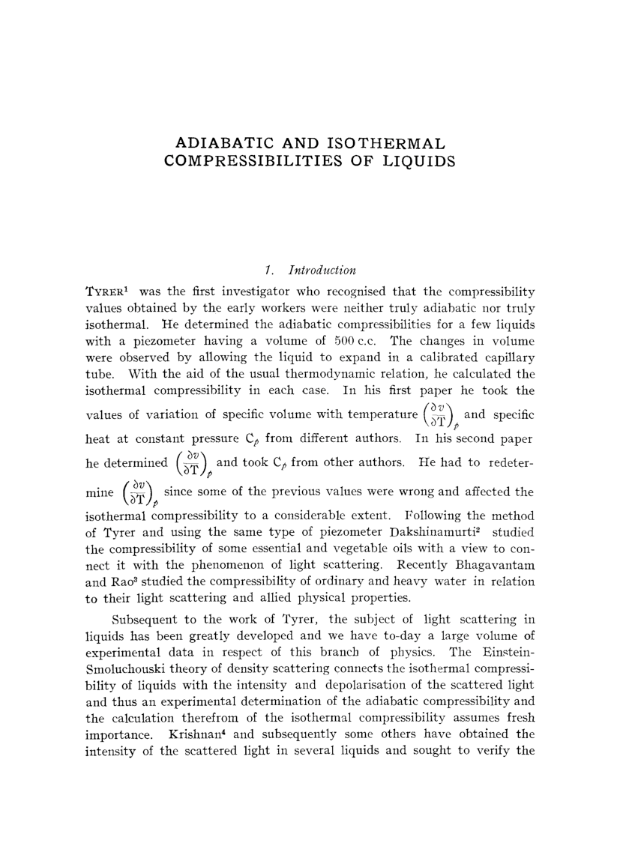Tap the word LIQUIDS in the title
424,160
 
